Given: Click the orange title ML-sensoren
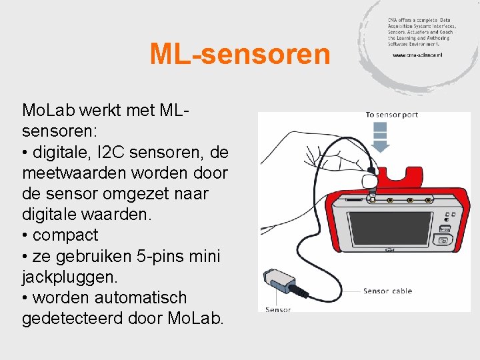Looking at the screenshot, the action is (240, 54).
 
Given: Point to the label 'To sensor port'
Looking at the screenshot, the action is (391, 115).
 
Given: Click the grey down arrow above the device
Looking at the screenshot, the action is (381, 140).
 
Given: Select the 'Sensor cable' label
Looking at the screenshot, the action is (387, 291).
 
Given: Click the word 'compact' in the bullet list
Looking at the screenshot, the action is (65, 235).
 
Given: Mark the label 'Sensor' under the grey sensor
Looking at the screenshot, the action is (278, 309).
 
